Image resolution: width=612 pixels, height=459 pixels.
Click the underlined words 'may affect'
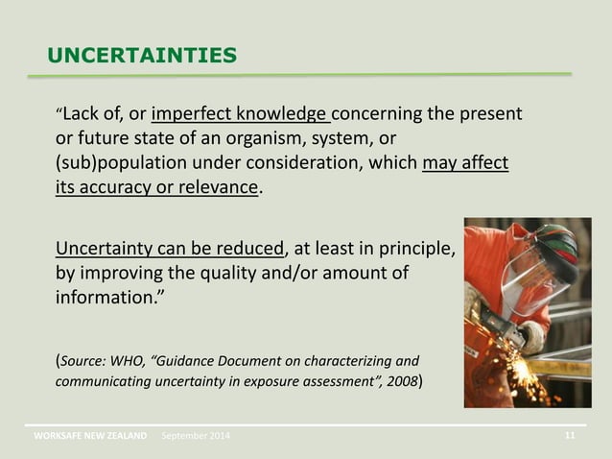pos(465,161)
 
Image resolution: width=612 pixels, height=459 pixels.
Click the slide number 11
pos(570,437)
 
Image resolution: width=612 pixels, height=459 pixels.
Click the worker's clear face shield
pos(523,279)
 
